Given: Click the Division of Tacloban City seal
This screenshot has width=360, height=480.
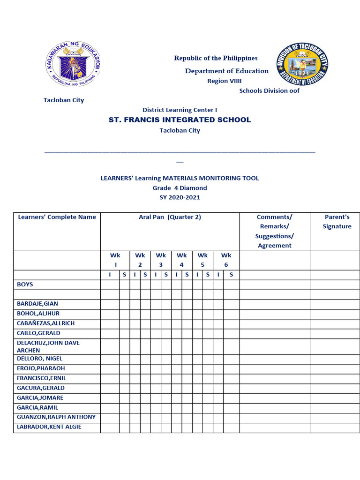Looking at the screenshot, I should point(303,64).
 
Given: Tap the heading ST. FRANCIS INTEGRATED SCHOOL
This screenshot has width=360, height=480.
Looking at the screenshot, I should point(180,120).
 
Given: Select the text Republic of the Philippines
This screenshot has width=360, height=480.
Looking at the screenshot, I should point(216,58).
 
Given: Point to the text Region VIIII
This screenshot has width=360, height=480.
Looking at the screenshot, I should point(225,81).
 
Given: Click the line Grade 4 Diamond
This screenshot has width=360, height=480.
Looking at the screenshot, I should point(180,188).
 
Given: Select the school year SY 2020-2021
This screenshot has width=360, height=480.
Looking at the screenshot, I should point(180,197).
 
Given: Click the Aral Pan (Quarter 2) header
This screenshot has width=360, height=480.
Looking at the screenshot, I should point(170,217).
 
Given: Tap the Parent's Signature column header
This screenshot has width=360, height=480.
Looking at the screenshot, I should point(337,222).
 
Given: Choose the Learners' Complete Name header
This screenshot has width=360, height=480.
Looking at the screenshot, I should point(57,217).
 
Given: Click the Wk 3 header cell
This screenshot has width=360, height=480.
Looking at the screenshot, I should point(161,260).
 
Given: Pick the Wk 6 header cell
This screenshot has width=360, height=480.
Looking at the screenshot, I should point(226,260).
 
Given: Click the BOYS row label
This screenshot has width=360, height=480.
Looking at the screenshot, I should point(25,285).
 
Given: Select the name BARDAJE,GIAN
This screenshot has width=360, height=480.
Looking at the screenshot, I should point(37,304).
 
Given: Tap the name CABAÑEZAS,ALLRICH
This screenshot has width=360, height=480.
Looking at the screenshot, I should point(46,323).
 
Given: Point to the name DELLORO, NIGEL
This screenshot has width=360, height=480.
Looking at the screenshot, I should point(40,359).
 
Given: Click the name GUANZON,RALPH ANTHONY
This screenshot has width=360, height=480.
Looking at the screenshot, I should point(56,417).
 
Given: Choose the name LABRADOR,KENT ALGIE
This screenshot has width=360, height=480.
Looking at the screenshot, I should point(49,427).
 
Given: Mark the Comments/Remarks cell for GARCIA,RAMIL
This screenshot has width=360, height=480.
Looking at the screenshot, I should point(275,408).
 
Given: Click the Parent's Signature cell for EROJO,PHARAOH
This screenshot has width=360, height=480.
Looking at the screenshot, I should point(337,368).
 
